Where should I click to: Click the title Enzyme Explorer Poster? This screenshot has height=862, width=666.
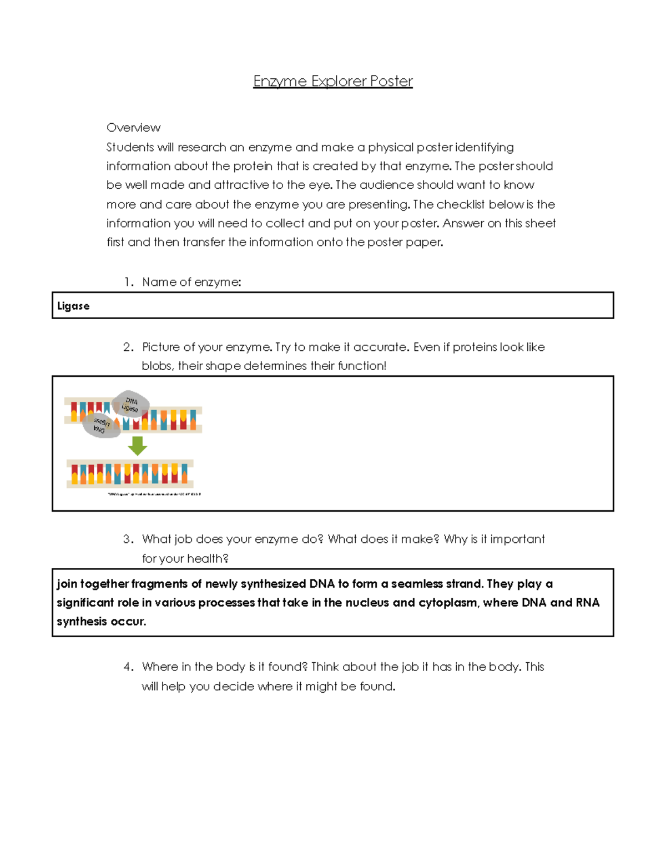(x=332, y=82)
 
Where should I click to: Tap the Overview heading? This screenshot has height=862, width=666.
(x=133, y=128)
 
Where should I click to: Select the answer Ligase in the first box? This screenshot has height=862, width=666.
(x=73, y=306)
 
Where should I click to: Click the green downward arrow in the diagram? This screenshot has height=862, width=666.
(x=137, y=445)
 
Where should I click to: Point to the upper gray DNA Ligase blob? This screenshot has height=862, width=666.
(x=131, y=404)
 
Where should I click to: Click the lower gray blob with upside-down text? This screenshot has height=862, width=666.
(x=100, y=426)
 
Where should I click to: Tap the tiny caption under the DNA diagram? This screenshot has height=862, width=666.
(x=154, y=494)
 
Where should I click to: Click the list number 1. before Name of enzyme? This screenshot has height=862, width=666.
(x=129, y=282)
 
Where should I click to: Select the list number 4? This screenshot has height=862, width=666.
(x=128, y=667)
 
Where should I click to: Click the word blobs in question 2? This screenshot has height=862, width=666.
(x=157, y=366)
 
